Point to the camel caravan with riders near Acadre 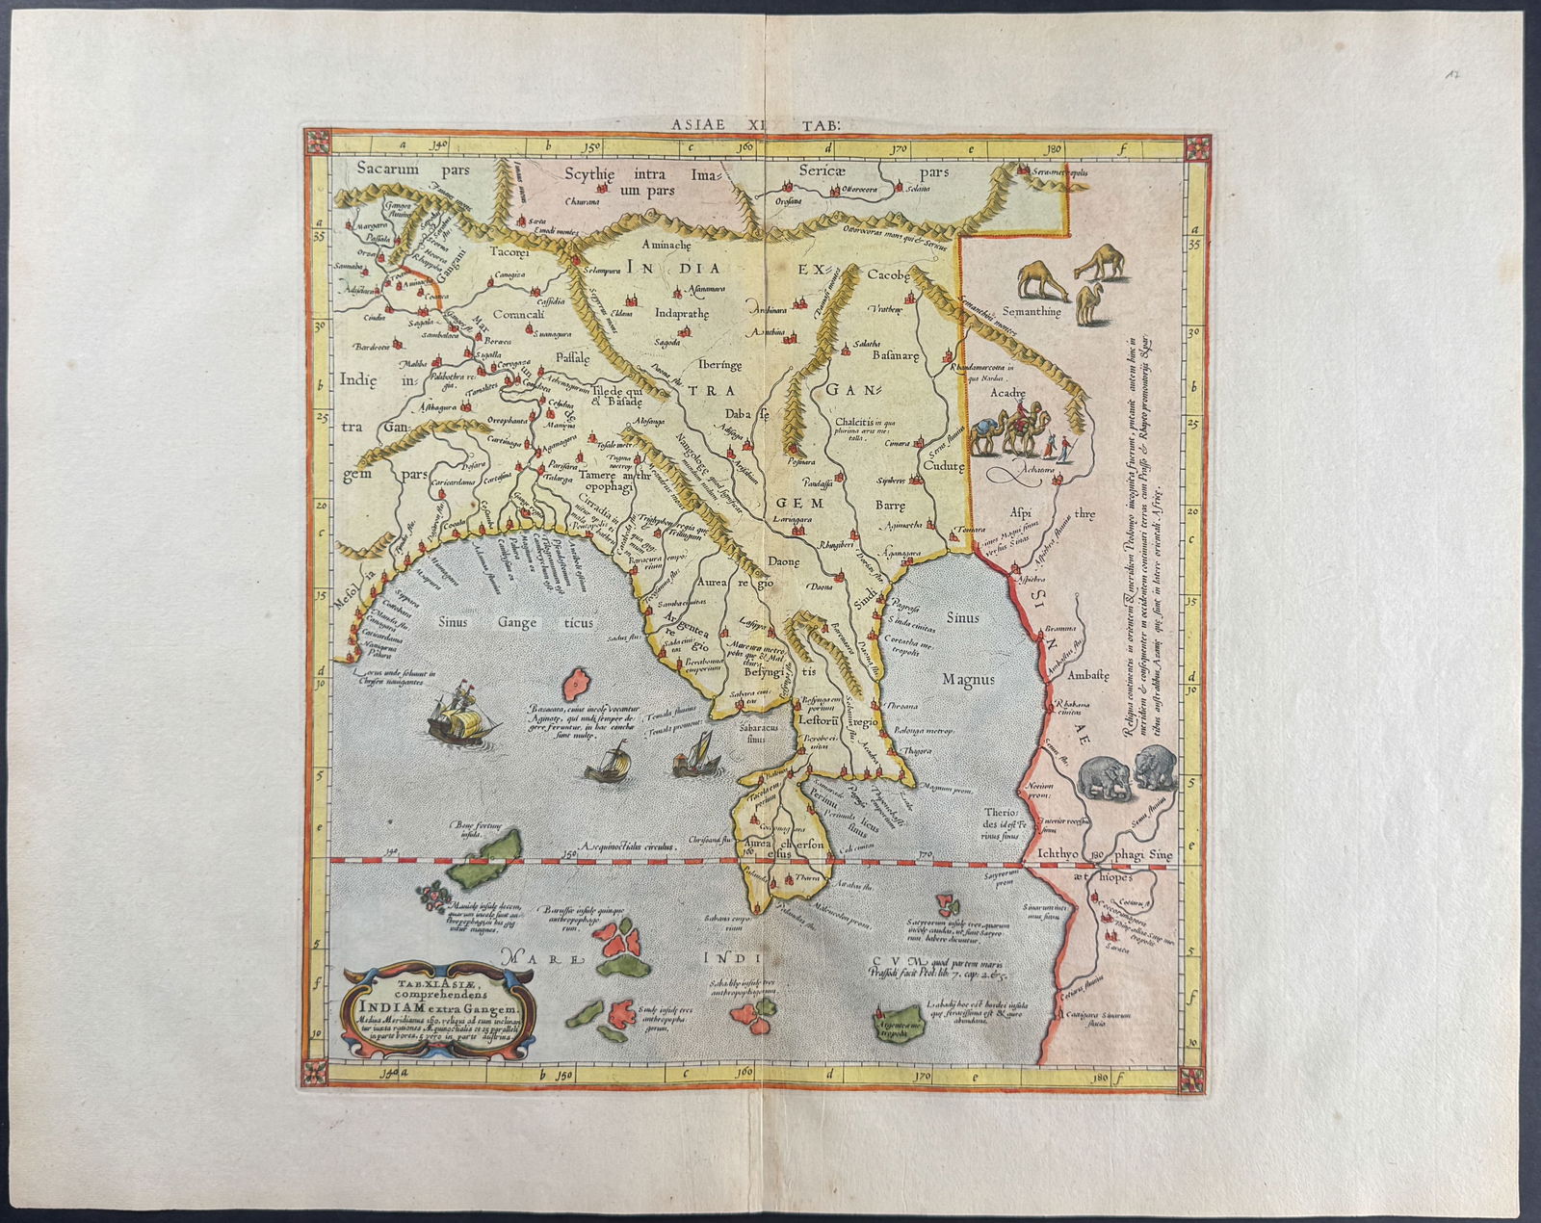1018,434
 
